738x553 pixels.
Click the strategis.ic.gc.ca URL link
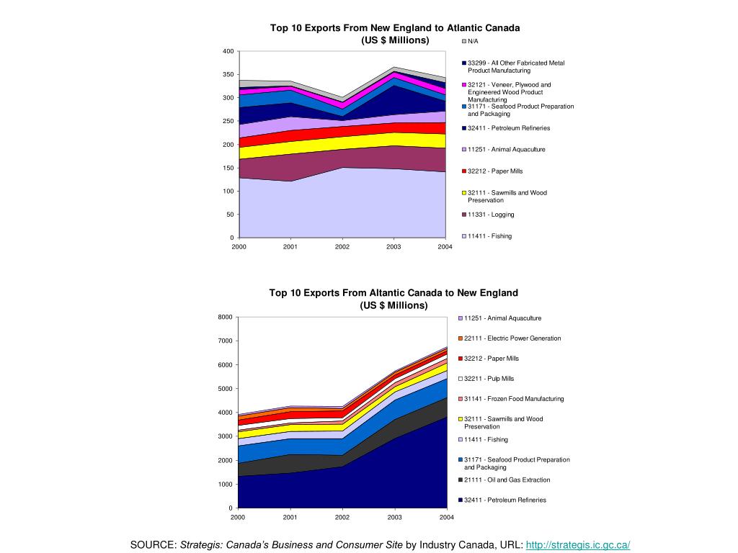coord(577,544)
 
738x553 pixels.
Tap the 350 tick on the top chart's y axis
coord(228,74)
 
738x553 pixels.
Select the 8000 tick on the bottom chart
coord(226,317)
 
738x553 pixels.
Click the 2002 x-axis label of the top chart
coord(342,246)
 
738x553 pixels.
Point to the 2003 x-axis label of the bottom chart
coord(394,517)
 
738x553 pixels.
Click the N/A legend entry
coord(470,41)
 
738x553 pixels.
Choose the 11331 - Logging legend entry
coord(488,215)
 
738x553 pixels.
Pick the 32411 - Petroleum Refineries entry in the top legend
coord(506,128)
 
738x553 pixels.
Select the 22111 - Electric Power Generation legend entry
coord(510,338)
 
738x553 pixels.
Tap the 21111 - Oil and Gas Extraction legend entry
coord(504,480)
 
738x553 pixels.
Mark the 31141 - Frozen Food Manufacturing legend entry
coord(511,399)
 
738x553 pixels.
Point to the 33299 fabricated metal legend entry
coord(513,66)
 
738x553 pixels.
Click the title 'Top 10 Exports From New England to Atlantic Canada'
coord(395,28)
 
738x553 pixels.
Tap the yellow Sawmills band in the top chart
coord(342,143)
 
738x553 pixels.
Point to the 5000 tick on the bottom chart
coord(226,388)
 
